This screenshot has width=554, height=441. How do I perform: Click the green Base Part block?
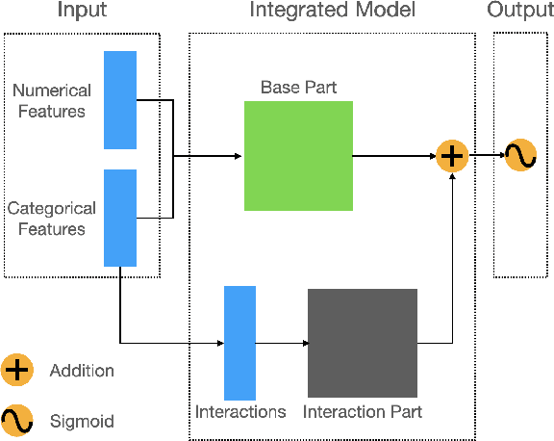click(298, 156)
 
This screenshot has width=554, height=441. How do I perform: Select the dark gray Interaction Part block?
click(363, 343)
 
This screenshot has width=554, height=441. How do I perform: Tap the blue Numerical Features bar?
click(120, 100)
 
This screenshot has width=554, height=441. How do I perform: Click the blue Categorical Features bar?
click(120, 218)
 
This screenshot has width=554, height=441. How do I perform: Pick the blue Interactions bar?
click(239, 343)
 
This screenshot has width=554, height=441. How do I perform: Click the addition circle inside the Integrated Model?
click(451, 155)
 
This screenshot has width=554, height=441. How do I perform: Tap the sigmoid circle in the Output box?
click(520, 155)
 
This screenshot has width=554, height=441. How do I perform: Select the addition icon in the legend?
click(17, 370)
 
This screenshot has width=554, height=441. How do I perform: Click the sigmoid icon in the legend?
click(17, 420)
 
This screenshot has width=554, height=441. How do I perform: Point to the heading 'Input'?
click(82, 11)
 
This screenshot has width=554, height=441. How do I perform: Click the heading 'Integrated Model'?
click(332, 11)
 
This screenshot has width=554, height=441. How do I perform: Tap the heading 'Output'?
click(520, 11)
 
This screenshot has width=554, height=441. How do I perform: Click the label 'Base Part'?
click(298, 88)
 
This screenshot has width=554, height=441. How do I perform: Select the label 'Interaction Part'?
click(363, 412)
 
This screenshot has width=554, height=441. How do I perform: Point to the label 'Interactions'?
click(240, 412)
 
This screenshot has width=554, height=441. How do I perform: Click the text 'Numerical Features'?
click(52, 100)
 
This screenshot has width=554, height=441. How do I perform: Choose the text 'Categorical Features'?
click(52, 219)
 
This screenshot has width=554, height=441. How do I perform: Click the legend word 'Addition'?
click(82, 371)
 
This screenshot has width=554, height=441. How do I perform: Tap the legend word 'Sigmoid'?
click(81, 421)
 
